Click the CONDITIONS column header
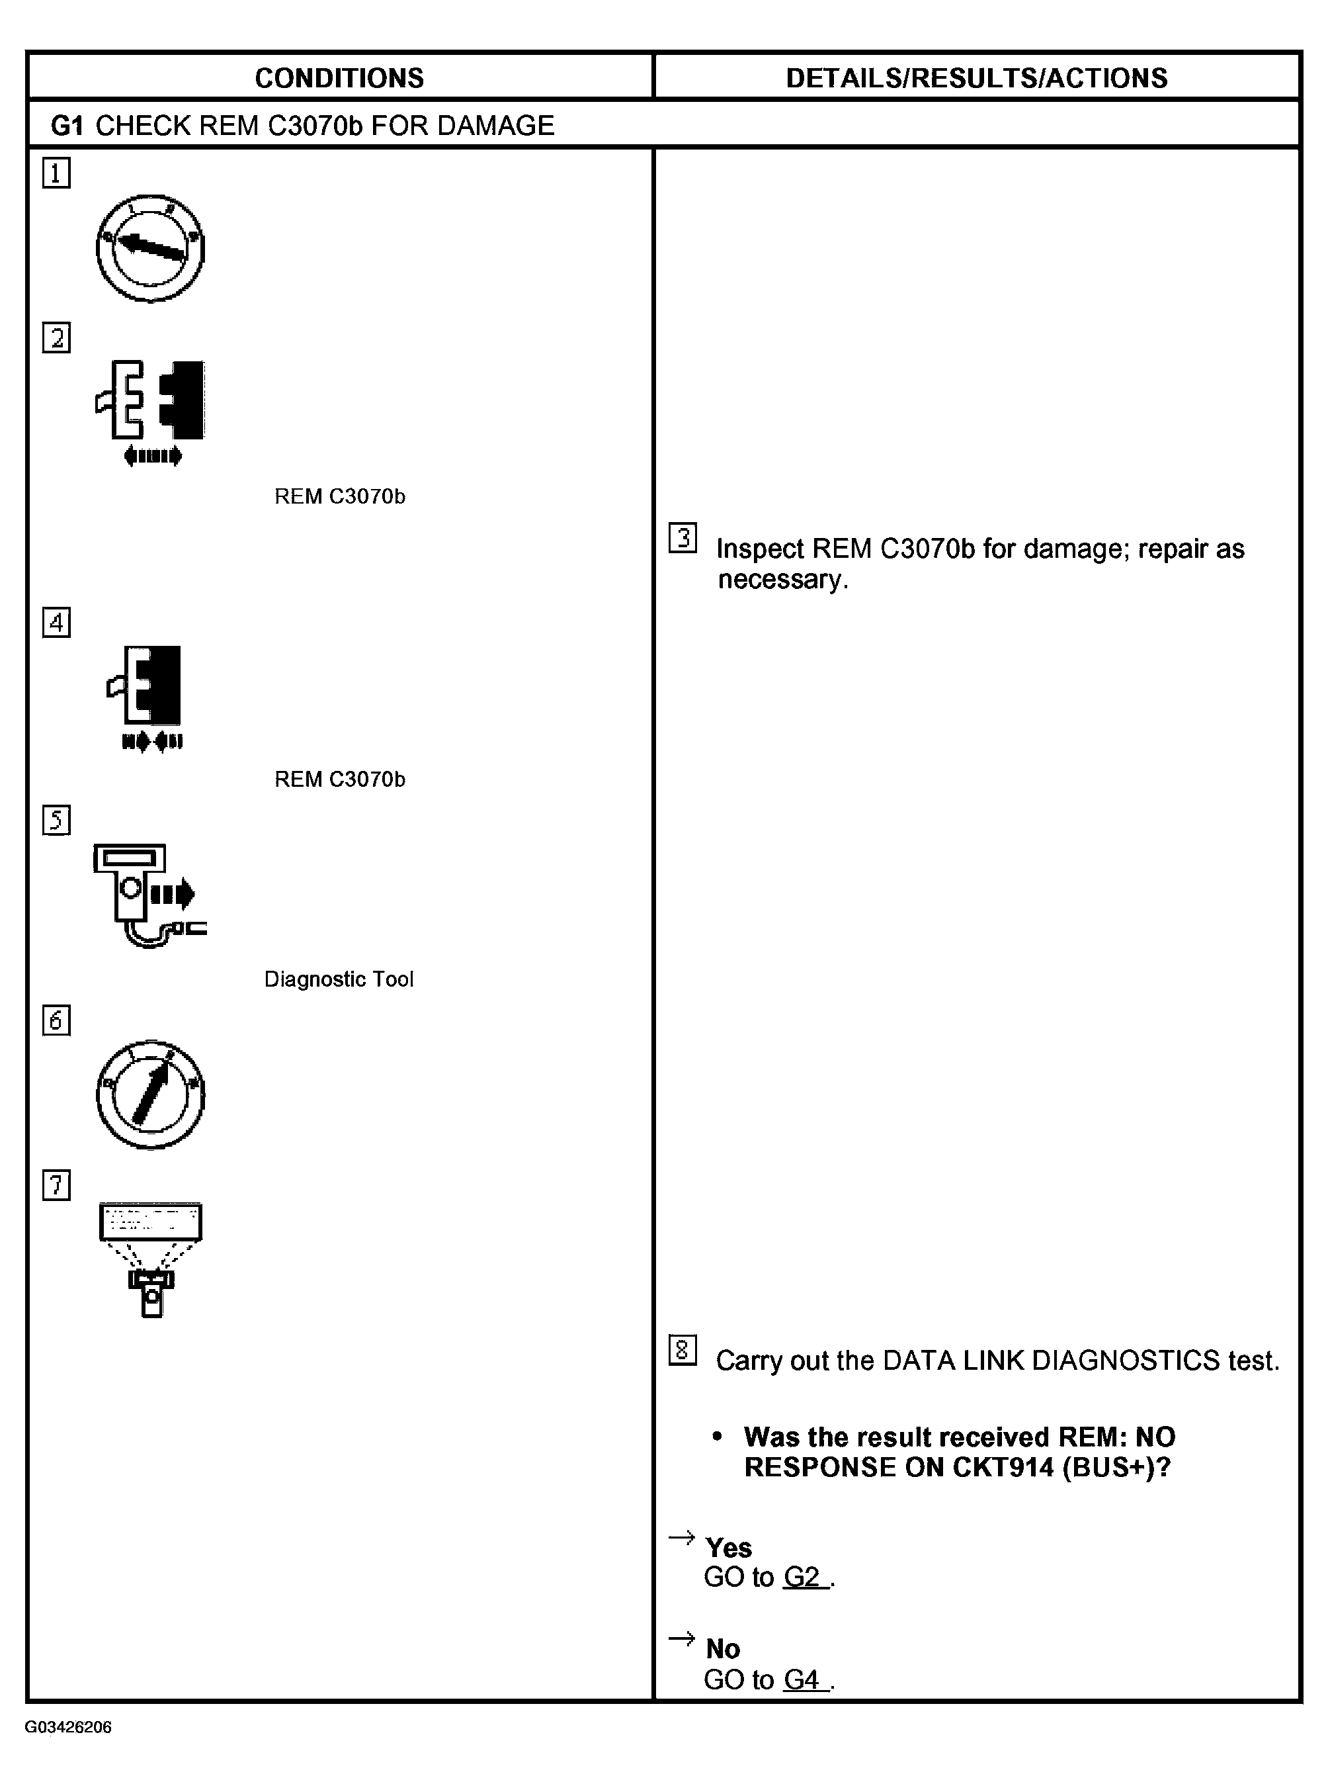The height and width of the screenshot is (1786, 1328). [x=339, y=78]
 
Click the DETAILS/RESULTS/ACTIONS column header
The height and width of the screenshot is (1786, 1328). [x=976, y=78]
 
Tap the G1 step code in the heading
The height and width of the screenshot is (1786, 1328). [x=67, y=126]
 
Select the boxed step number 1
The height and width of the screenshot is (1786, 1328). [x=56, y=173]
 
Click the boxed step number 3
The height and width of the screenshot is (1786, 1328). [x=683, y=538]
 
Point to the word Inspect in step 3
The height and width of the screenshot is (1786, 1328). [x=760, y=549]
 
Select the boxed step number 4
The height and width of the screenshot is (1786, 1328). [x=56, y=623]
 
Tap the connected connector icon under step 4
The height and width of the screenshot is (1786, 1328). [x=149, y=695]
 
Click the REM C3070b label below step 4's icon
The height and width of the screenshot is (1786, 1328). [x=339, y=780]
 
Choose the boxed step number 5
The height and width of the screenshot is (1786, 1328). [x=56, y=821]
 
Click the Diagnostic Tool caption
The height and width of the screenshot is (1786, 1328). [x=339, y=979]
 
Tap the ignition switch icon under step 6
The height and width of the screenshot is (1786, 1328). [x=150, y=1094]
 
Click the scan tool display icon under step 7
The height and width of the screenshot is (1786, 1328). [x=150, y=1259]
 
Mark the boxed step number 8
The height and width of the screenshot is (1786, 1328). [x=683, y=1350]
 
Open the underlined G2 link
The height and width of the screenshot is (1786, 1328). [x=802, y=1577]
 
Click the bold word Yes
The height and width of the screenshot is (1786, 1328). [x=728, y=1547]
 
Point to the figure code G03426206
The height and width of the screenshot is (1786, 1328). [x=68, y=1727]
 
